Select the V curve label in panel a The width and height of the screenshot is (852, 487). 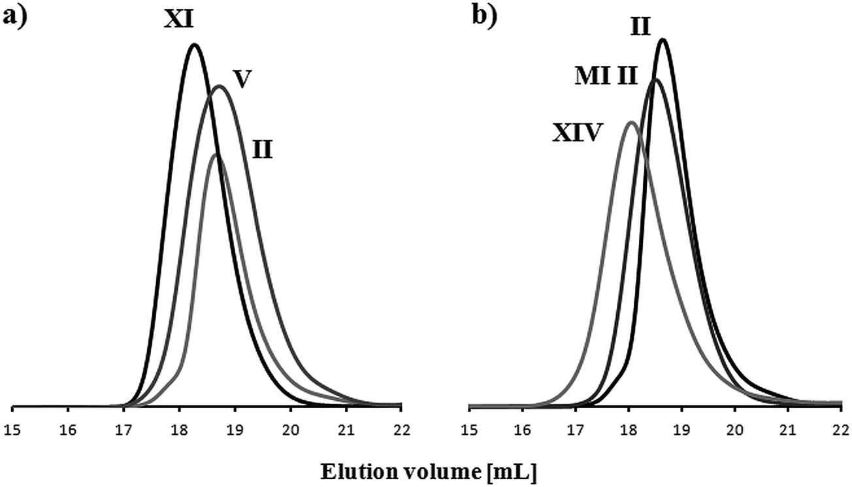(x=242, y=78)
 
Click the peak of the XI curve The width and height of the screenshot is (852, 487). (x=194, y=44)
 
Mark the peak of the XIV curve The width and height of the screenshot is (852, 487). (x=631, y=122)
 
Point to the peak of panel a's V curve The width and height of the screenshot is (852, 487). (x=220, y=86)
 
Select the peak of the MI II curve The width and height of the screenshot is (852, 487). (x=655, y=80)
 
